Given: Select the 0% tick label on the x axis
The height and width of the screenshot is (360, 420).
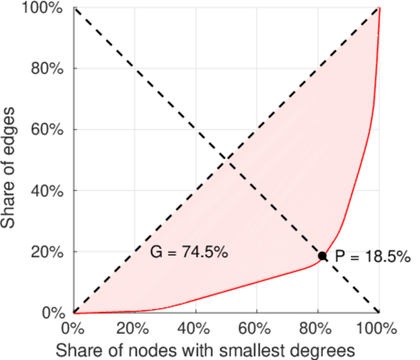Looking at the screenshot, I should click(x=73, y=329).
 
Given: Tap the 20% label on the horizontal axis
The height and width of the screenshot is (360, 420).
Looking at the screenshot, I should click(x=134, y=329).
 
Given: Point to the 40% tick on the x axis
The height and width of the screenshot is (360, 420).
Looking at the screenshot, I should click(x=196, y=329).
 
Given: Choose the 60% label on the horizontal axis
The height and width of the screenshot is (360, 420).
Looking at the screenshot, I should click(x=257, y=329).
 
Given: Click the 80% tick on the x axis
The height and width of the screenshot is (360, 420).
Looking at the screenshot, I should click(x=318, y=329).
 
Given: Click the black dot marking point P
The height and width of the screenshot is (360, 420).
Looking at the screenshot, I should click(x=322, y=256).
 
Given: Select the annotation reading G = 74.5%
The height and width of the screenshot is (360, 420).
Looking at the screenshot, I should click(x=188, y=253).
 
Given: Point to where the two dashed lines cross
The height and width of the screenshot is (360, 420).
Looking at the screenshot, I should click(x=226, y=160).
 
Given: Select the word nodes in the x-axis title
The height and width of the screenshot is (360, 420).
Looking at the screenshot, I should click(x=156, y=349).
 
